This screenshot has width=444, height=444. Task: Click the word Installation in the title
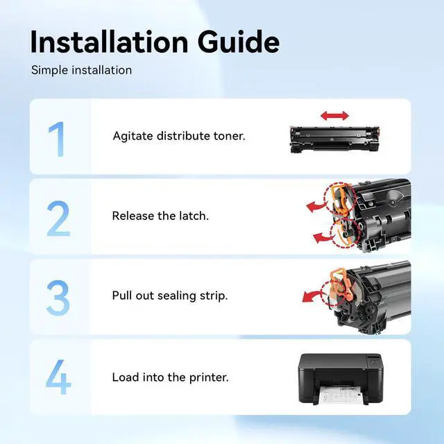(x=110, y=42)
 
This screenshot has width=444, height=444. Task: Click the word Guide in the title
(x=239, y=42)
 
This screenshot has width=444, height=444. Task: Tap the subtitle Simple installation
(x=82, y=70)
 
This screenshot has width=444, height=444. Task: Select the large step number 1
(x=57, y=139)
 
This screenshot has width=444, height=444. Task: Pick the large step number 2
(x=58, y=219)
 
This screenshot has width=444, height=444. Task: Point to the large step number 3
(x=58, y=298)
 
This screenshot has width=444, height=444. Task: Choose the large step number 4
(x=58, y=377)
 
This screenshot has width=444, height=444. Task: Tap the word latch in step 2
(x=194, y=216)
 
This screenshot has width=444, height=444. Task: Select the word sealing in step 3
(x=177, y=296)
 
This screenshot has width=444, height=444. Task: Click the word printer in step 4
(x=209, y=377)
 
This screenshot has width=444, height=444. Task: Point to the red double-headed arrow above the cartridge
(x=334, y=116)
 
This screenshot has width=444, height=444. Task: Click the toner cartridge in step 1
(x=334, y=139)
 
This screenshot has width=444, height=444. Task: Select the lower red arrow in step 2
(x=323, y=237)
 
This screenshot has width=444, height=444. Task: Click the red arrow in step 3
(x=312, y=296)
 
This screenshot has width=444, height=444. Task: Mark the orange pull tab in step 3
(x=341, y=284)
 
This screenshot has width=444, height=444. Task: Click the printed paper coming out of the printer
(x=341, y=395)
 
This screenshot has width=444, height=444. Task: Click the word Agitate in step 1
(x=133, y=136)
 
